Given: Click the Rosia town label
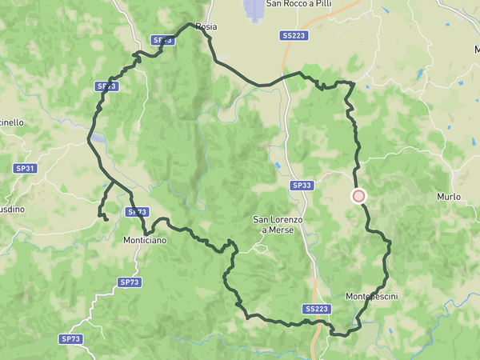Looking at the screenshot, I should (206, 26).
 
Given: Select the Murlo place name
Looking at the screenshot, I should (449, 196).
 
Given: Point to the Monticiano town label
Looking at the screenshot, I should (145, 240).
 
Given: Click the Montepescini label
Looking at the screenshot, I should (372, 297).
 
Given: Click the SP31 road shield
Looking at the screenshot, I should (25, 168).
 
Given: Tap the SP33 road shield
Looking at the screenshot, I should (302, 185).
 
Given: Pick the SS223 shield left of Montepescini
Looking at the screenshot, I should (317, 309).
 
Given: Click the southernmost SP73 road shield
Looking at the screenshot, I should (71, 339).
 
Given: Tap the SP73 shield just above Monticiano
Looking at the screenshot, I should (137, 212).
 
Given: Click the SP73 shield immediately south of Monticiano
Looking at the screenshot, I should (129, 282).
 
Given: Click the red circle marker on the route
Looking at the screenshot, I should (358, 195).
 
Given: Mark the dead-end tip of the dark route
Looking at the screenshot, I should (106, 218).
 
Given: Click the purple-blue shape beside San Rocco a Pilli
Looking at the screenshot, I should (253, 10).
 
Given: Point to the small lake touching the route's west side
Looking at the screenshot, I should (98, 138).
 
